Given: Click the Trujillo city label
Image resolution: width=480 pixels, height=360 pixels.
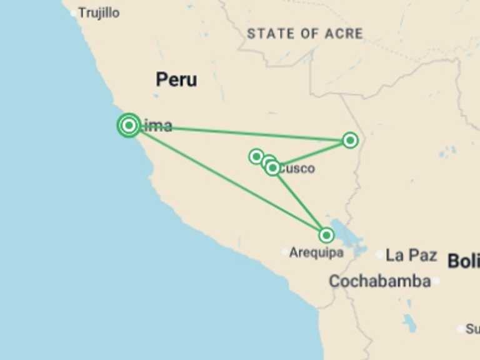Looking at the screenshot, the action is (x=99, y=12).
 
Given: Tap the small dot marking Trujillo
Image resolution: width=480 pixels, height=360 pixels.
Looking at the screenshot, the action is (x=74, y=12).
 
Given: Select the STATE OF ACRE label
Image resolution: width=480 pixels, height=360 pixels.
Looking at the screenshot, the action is (x=304, y=34).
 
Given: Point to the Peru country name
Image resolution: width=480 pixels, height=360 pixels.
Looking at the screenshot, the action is (x=176, y=79).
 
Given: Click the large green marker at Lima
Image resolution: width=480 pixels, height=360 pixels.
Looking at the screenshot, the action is (x=129, y=125).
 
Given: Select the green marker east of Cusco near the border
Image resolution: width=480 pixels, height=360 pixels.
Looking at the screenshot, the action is (x=350, y=140).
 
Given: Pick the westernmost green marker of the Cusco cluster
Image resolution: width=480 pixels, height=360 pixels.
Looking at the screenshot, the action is (x=256, y=156).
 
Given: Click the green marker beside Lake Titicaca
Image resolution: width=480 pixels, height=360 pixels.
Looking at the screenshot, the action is (x=326, y=235).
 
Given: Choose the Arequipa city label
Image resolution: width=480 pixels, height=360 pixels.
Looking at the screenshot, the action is (x=316, y=253).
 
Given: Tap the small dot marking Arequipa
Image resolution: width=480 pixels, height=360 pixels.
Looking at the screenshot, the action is (x=285, y=252).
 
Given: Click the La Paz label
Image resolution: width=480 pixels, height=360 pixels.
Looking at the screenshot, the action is (x=411, y=255).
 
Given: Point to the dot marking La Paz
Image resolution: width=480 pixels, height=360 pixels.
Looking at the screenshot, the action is (x=380, y=255).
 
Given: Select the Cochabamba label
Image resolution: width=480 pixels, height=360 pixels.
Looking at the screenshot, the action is (x=379, y=281).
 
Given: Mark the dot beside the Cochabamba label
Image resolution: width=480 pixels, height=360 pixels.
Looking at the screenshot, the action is (x=436, y=281).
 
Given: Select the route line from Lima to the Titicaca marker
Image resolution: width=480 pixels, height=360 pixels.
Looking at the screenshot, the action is (x=225, y=179).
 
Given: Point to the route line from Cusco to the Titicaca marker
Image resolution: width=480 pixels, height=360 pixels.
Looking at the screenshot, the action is (x=300, y=202).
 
